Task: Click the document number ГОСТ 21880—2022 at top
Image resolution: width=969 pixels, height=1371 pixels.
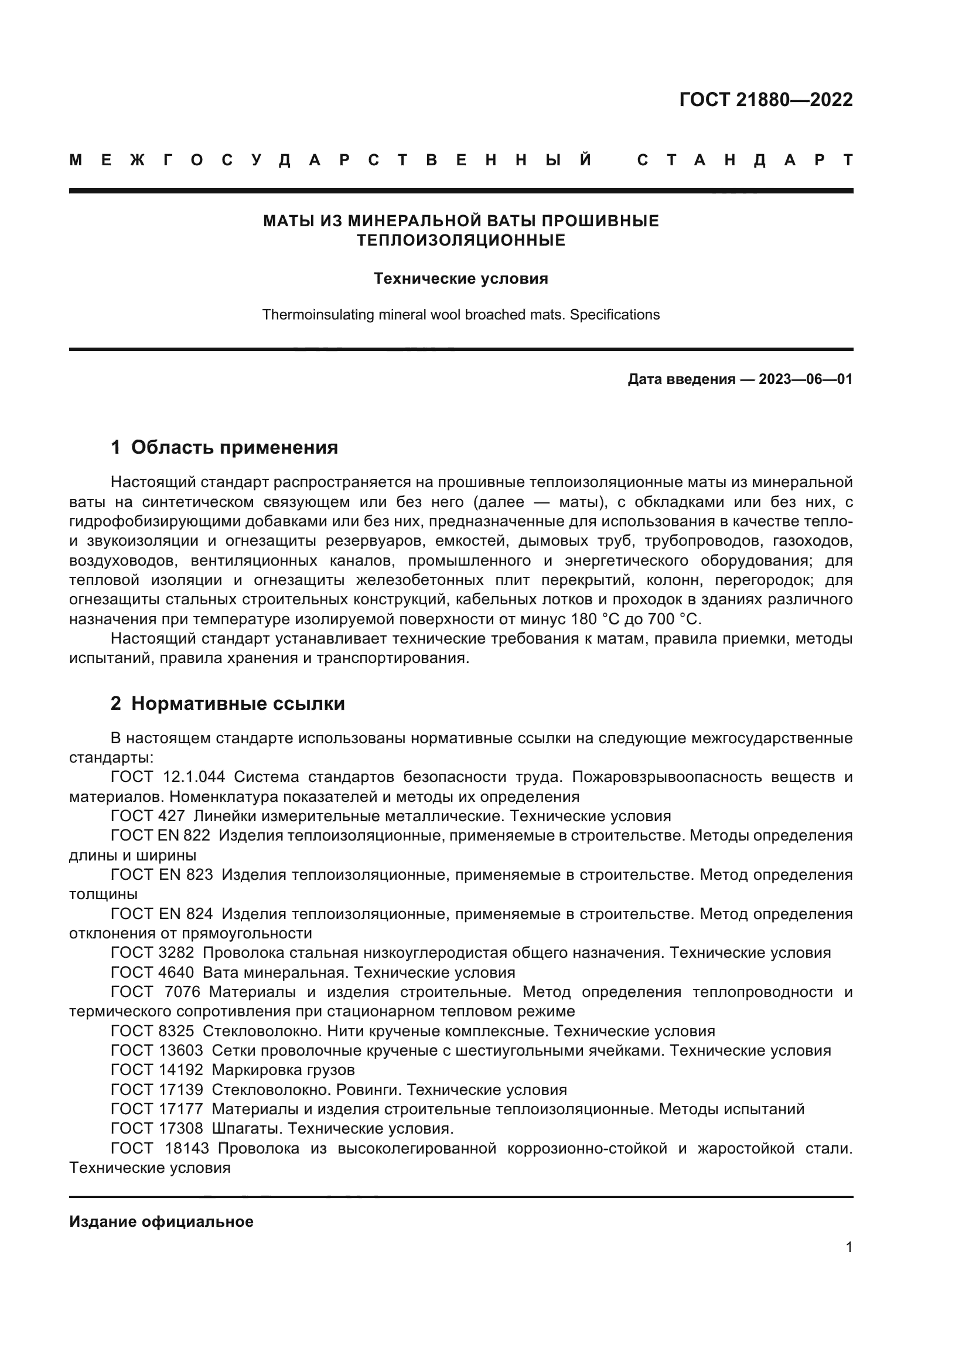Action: [766, 100]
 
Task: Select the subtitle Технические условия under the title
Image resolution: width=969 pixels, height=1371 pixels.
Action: [460, 279]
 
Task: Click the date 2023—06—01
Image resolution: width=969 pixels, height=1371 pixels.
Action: [805, 379]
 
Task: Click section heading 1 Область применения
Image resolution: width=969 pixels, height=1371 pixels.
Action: [224, 447]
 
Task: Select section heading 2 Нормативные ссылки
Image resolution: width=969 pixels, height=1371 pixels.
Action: [227, 703]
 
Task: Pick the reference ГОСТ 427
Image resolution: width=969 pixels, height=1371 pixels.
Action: [148, 817]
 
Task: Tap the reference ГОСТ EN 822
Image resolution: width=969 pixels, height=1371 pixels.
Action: [161, 835]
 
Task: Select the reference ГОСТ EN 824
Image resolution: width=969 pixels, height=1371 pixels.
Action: [162, 914]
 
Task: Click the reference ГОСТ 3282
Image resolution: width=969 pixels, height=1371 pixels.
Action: [152, 953]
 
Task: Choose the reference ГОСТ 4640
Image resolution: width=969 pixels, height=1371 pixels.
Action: [152, 973]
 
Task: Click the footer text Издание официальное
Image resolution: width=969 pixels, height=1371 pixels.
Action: [161, 1222]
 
